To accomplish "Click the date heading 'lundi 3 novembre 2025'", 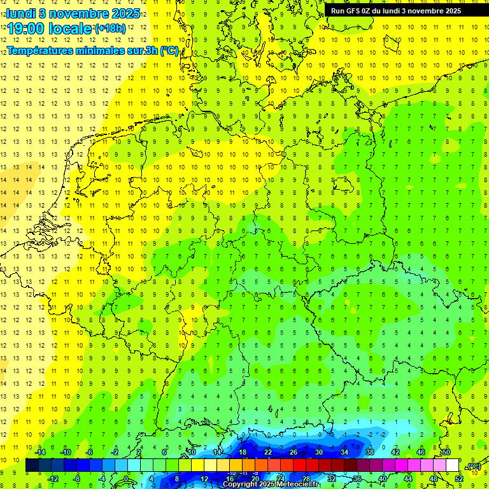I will [x=73, y=13].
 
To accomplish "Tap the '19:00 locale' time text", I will [x=50, y=29].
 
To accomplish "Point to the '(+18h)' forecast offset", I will [x=110, y=29].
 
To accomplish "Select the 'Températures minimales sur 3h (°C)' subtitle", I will [x=92, y=51].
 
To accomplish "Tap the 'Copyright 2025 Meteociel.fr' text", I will [x=271, y=484].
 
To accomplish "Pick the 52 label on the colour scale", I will [x=458, y=478].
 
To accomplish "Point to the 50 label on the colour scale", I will [x=446, y=452].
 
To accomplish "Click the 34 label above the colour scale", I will [x=344, y=452].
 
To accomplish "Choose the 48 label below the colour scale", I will [x=433, y=478].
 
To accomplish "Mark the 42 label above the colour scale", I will [x=395, y=452].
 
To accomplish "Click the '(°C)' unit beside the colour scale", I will [x=474, y=466].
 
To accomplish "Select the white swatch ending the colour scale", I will [x=452, y=465].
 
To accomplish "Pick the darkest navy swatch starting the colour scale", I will [x=32, y=465].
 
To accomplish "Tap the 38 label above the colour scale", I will [x=369, y=452].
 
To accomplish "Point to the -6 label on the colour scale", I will [x=90, y=452].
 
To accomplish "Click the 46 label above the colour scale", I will [x=420, y=452].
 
